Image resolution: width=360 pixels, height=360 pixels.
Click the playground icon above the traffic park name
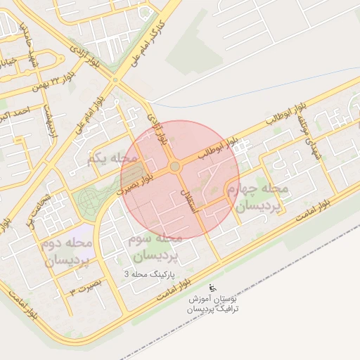[214, 288]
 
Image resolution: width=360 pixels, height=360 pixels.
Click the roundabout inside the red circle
[174, 166]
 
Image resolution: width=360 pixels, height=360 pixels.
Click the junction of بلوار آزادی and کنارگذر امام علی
[117, 80]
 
